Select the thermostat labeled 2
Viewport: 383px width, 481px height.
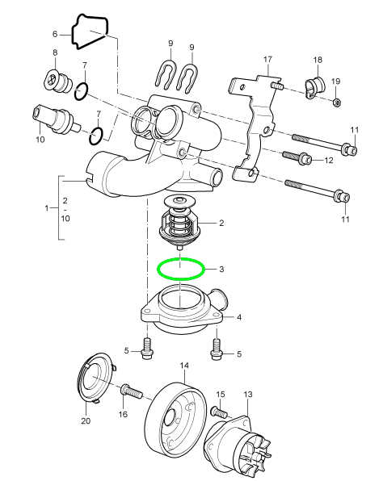179,222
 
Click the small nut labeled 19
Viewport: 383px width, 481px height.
337,102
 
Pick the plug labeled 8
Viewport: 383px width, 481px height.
57,81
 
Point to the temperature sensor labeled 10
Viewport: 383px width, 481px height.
55,120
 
